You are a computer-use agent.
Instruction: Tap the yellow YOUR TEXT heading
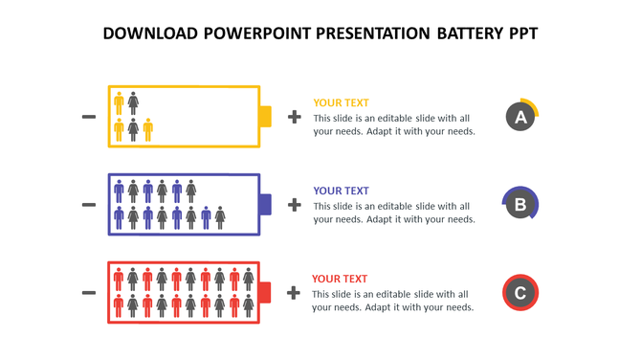coord(341,102)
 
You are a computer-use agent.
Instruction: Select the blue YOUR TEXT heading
coord(341,191)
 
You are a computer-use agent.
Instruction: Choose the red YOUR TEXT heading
coord(340,279)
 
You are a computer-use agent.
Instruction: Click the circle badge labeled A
coord(520,117)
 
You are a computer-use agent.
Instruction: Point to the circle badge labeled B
coord(520,204)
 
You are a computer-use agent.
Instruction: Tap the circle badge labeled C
coord(520,292)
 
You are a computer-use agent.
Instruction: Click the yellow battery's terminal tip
coord(265,117)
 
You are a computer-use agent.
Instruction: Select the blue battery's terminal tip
coord(265,204)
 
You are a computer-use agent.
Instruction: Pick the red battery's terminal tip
coord(265,292)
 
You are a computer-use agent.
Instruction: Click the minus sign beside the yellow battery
coord(89,117)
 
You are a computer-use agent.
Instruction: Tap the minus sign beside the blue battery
coord(89,204)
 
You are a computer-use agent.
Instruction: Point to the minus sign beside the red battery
coord(89,292)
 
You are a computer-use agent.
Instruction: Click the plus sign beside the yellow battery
coord(294,117)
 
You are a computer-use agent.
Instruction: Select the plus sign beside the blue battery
coord(294,204)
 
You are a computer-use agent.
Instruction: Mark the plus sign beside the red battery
coord(294,292)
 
